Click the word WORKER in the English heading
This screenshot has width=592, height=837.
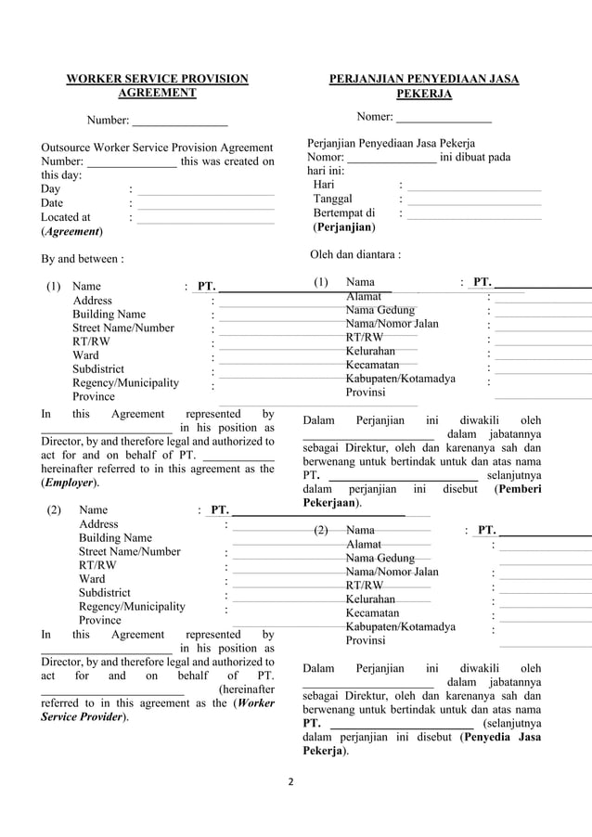pos(91,79)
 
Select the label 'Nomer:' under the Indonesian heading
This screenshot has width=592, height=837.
pos(375,117)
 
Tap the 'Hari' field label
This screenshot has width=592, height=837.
pos(324,185)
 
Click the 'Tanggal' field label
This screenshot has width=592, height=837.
pos(332,199)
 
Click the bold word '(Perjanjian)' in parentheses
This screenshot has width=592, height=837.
pos(344,226)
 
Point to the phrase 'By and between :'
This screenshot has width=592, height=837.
pos(84,259)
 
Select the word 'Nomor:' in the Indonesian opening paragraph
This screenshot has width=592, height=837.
pos(325,158)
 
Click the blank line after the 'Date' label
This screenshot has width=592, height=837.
pos(205,203)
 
